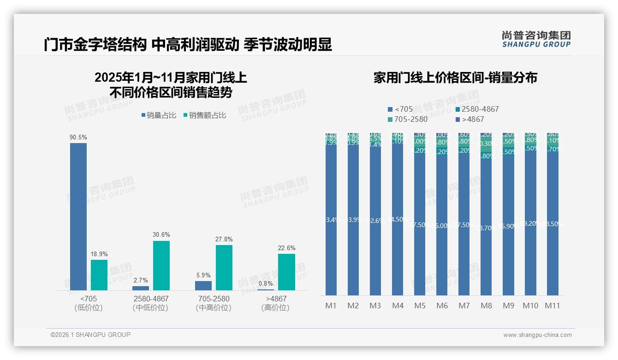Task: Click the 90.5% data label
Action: point(78,138)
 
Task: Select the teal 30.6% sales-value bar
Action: point(161,265)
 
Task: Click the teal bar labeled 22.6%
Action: point(286,272)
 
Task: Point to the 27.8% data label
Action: point(224,240)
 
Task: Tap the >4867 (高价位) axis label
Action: point(276,303)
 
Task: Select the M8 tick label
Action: point(486,306)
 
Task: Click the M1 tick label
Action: point(331,306)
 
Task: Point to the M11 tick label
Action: point(553,306)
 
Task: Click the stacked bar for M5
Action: point(420,217)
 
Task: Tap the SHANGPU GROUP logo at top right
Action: point(536,39)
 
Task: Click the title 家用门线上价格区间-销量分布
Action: point(455,78)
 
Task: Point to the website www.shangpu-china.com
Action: point(537,335)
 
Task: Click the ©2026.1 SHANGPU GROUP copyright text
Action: point(90,335)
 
